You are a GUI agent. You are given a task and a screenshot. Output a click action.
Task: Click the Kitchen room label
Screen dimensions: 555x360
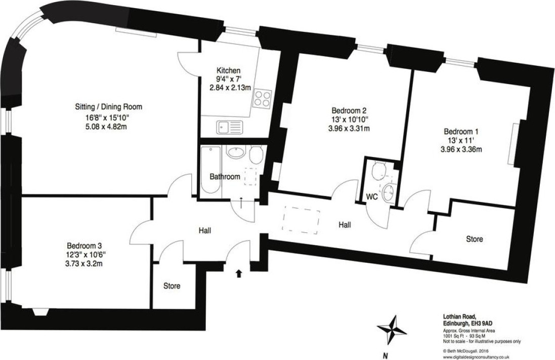pos(229,70)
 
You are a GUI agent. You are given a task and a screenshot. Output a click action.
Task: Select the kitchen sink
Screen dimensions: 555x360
pos(230,127)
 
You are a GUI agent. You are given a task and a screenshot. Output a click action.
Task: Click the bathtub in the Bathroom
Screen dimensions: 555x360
pos(210,170)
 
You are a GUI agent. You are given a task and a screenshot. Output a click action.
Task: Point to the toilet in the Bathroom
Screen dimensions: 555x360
pos(255,154)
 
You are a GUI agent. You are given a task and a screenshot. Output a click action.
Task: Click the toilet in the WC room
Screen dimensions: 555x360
pos(379,170)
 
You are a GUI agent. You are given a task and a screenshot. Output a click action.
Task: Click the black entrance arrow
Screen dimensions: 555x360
pos(239,273)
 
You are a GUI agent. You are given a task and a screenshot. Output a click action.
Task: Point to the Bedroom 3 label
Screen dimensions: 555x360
pos(84,246)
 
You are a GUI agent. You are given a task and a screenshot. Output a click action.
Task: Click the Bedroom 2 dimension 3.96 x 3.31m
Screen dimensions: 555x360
pos(349,128)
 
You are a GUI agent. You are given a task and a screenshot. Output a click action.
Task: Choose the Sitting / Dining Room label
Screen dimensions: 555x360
pos(108,107)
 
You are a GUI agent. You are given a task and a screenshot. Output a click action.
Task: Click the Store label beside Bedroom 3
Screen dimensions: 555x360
pos(172,286)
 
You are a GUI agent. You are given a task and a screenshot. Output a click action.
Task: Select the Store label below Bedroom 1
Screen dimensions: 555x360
pos(474,239)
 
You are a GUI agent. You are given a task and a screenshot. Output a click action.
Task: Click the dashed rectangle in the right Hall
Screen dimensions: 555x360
pos(301,220)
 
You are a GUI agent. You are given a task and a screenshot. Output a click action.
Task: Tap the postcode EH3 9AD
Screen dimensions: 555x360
pos(481,323)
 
